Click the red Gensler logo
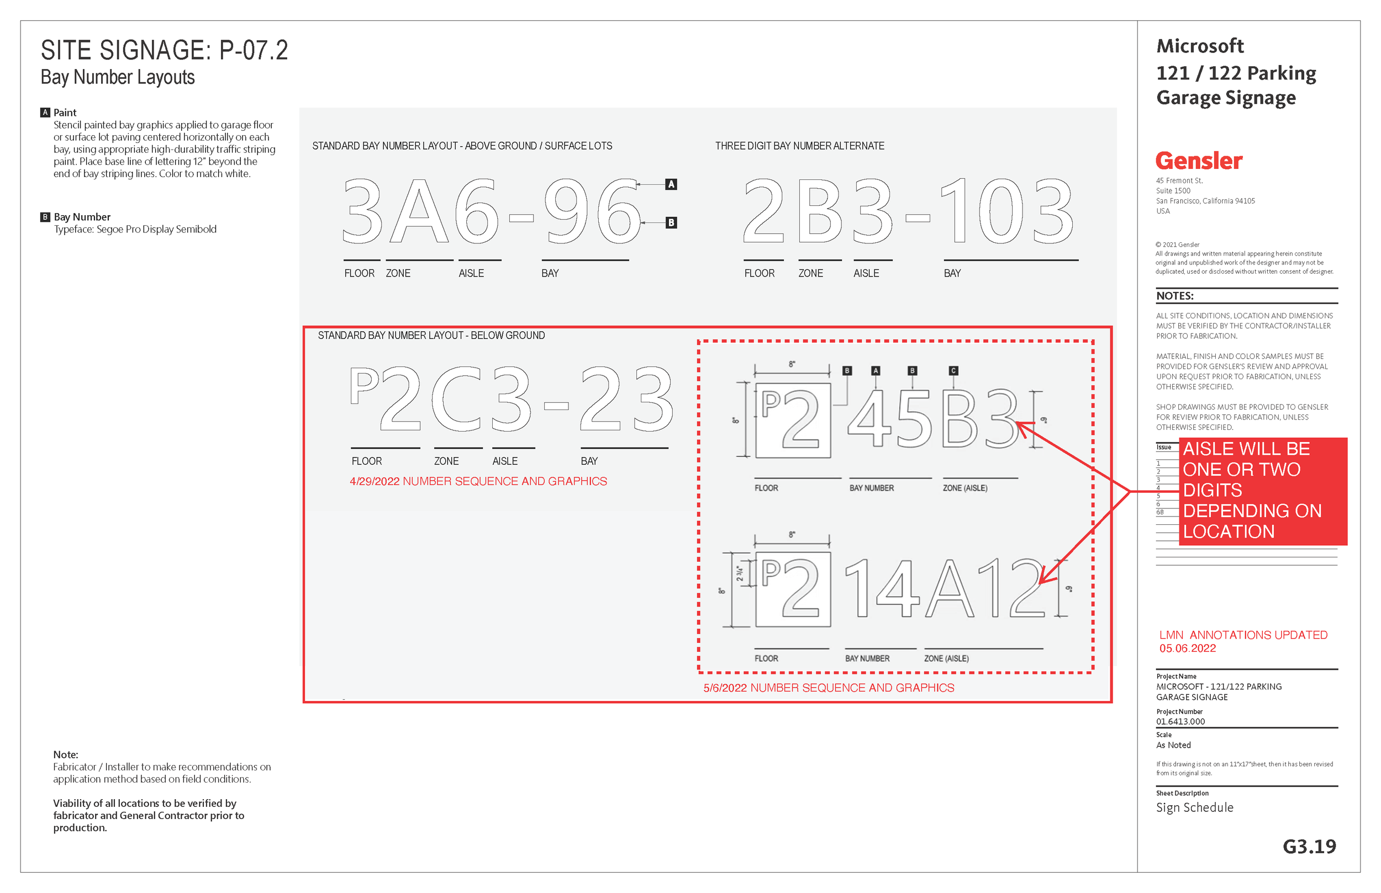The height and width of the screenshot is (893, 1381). point(1198,161)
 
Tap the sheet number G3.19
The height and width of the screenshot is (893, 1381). point(1309,846)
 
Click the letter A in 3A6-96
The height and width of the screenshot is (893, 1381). point(419,211)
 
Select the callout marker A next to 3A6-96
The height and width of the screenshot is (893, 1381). point(671,184)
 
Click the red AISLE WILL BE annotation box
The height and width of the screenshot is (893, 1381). point(1262,491)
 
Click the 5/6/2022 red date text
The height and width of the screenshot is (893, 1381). point(828,688)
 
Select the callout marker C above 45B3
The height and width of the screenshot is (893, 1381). point(953,370)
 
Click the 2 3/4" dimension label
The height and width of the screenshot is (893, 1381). point(740,573)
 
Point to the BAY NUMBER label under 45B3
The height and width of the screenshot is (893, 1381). point(871,488)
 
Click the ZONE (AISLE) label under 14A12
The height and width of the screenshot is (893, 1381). point(946,659)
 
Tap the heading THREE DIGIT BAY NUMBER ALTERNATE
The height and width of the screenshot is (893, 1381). point(799,146)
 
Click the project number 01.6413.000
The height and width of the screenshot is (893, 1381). point(1180,721)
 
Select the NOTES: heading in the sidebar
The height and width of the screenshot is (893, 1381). point(1174,296)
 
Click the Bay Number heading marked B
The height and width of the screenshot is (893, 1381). point(82,217)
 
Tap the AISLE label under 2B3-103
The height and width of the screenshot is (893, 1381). point(866,273)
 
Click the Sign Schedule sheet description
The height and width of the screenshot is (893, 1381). point(1194,808)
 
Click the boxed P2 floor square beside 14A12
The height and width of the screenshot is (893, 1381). point(793,589)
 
